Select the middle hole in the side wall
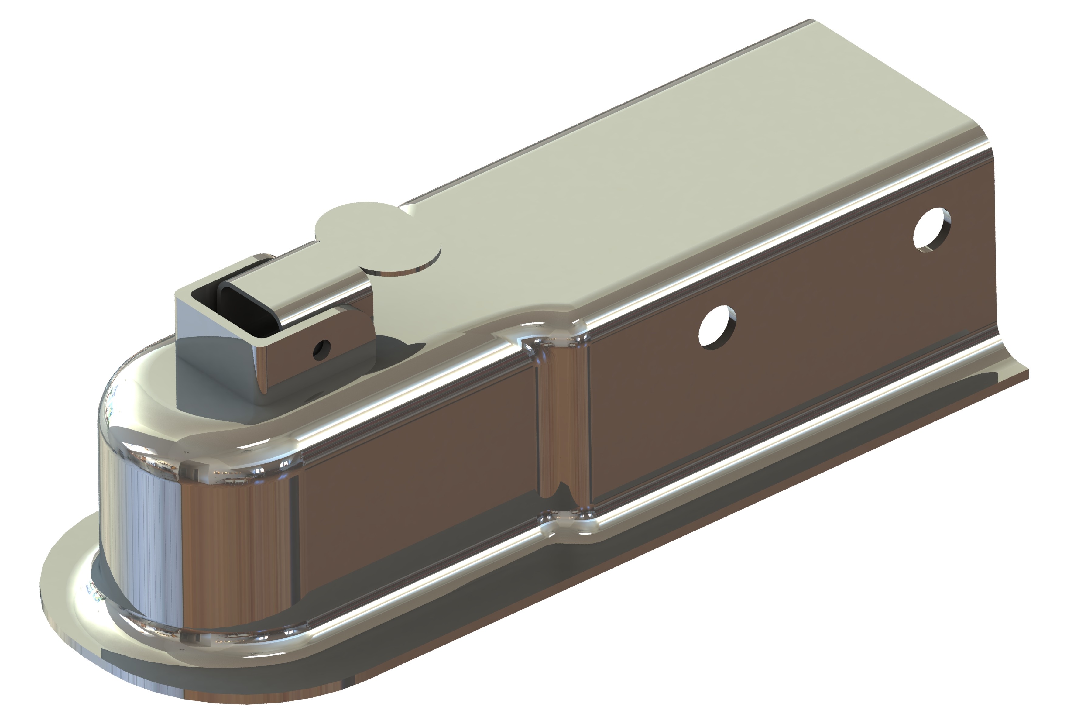pyautogui.click(x=717, y=326)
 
